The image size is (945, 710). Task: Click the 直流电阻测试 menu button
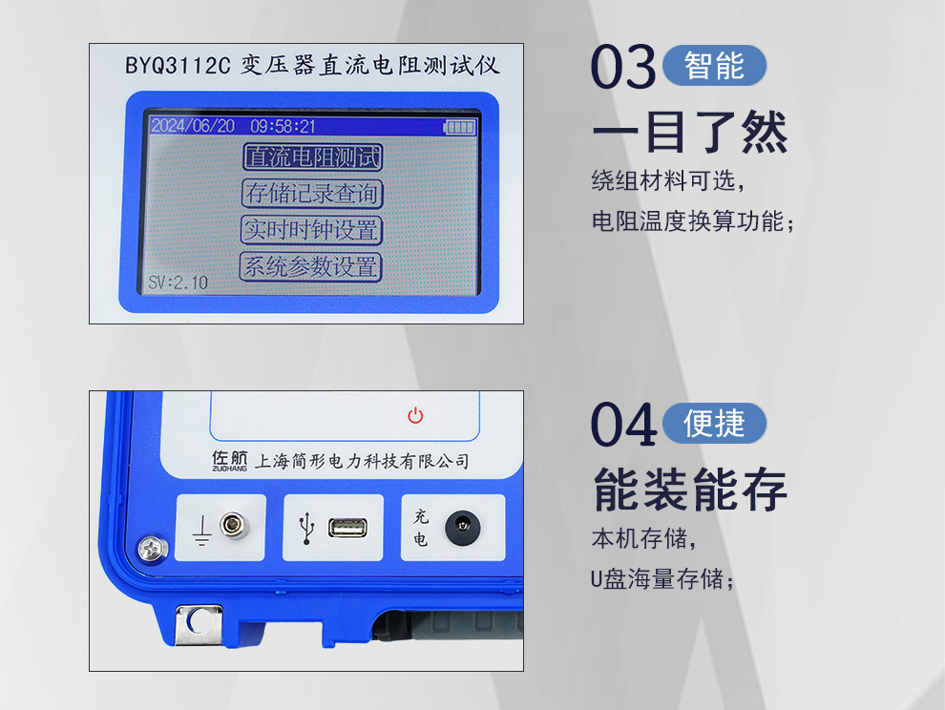pyautogui.click(x=313, y=157)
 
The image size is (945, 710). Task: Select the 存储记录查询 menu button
pyautogui.click(x=312, y=194)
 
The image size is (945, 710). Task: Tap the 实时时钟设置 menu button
pyautogui.click(x=311, y=230)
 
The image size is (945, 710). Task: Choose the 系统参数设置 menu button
pyautogui.click(x=311, y=266)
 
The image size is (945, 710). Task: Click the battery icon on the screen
pyautogui.click(x=460, y=127)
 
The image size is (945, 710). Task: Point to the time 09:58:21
pyautogui.click(x=283, y=126)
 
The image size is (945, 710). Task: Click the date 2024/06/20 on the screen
pyautogui.click(x=193, y=125)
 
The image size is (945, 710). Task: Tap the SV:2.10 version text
pyautogui.click(x=178, y=282)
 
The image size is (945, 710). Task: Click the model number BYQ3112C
pyautogui.click(x=178, y=65)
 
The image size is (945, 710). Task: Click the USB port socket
pyautogui.click(x=347, y=528)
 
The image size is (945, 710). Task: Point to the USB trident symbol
pyautogui.click(x=307, y=529)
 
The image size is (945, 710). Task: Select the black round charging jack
pyautogui.click(x=463, y=528)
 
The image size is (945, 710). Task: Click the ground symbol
pyautogui.click(x=202, y=531)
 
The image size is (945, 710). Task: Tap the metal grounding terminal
pyautogui.click(x=235, y=524)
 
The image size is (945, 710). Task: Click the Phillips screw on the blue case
pyautogui.click(x=153, y=549)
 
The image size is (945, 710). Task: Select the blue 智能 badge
pyautogui.click(x=714, y=65)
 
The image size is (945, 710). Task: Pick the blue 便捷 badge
pyautogui.click(x=714, y=423)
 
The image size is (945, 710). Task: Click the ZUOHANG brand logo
pyautogui.click(x=230, y=461)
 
